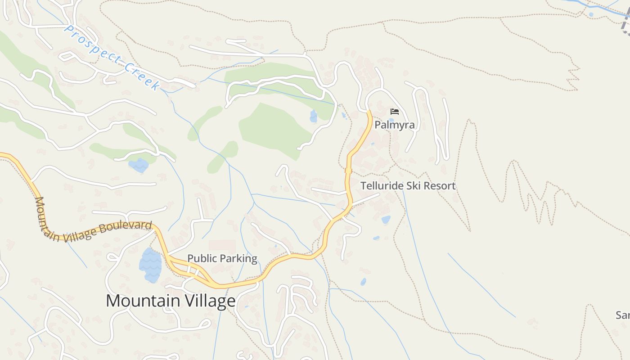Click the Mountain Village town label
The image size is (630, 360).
tap(171, 301)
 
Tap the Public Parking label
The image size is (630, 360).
tap(222, 258)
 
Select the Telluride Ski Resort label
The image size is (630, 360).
tap(408, 185)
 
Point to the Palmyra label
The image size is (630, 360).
tap(394, 125)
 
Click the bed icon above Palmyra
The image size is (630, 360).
tap(395, 112)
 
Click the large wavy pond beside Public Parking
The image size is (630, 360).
tap(150, 265)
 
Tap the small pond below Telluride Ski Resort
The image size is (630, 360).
tap(386, 220)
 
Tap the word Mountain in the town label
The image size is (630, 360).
tap(143, 301)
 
